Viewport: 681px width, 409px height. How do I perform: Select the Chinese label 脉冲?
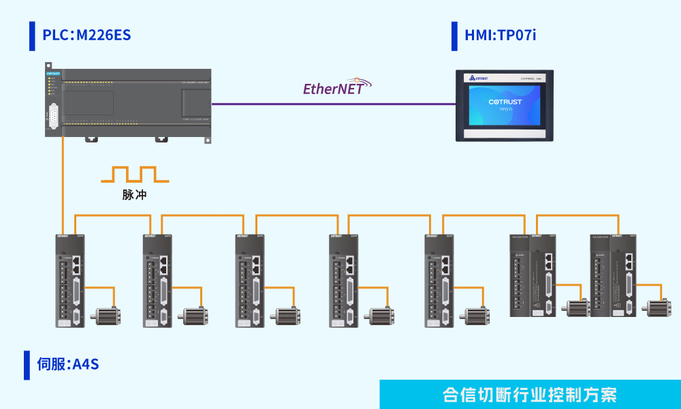[135, 194]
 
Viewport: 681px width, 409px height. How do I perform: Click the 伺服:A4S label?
[67, 364]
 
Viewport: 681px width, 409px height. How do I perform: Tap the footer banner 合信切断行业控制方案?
[530, 395]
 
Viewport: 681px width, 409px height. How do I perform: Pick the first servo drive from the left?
[72, 279]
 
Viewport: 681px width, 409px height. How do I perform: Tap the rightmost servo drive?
[613, 276]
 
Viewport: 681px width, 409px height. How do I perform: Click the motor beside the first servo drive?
[107, 316]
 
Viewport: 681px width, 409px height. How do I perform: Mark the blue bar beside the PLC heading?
[32, 35]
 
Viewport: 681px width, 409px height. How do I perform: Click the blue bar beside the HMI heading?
[454, 35]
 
